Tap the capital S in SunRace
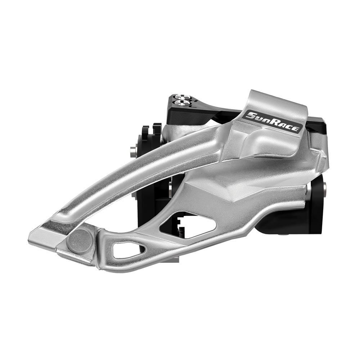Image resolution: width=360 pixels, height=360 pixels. click(x=248, y=116)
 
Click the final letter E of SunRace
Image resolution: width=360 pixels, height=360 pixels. click(x=295, y=127)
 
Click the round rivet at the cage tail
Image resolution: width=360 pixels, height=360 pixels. click(x=79, y=240)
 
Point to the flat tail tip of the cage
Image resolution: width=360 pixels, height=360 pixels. click(x=41, y=236)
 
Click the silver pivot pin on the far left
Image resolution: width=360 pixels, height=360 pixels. click(x=134, y=151)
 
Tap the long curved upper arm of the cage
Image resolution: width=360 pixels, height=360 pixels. click(x=144, y=169)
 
